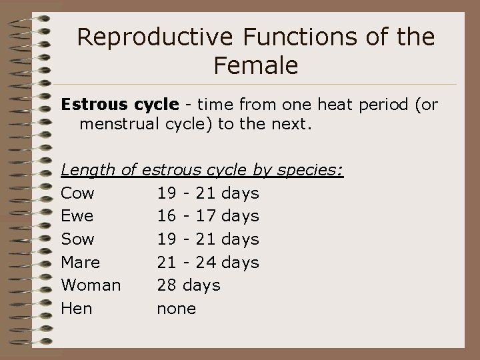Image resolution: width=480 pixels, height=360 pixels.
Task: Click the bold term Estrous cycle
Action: pyautogui.click(x=120, y=105)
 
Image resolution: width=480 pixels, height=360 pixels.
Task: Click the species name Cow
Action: pyautogui.click(x=78, y=193)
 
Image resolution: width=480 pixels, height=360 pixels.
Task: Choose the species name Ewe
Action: pyautogui.click(x=77, y=216)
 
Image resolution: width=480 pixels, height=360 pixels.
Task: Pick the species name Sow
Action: pyautogui.click(x=78, y=239)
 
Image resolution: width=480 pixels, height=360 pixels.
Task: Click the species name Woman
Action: pyautogui.click(x=91, y=285)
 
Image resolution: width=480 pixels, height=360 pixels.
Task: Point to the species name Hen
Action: pyautogui.click(x=77, y=308)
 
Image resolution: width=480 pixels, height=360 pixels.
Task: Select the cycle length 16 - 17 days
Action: pyautogui.click(x=208, y=216)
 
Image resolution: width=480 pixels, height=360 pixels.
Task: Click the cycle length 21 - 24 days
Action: pyautogui.click(x=208, y=262)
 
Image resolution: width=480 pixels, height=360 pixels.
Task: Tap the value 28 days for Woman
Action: pyautogui.click(x=188, y=285)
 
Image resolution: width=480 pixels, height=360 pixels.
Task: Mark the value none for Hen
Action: pyautogui.click(x=176, y=308)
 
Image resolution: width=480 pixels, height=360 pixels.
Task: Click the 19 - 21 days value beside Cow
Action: pyautogui.click(x=208, y=193)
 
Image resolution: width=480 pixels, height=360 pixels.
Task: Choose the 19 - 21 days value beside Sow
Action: pyautogui.click(x=208, y=239)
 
